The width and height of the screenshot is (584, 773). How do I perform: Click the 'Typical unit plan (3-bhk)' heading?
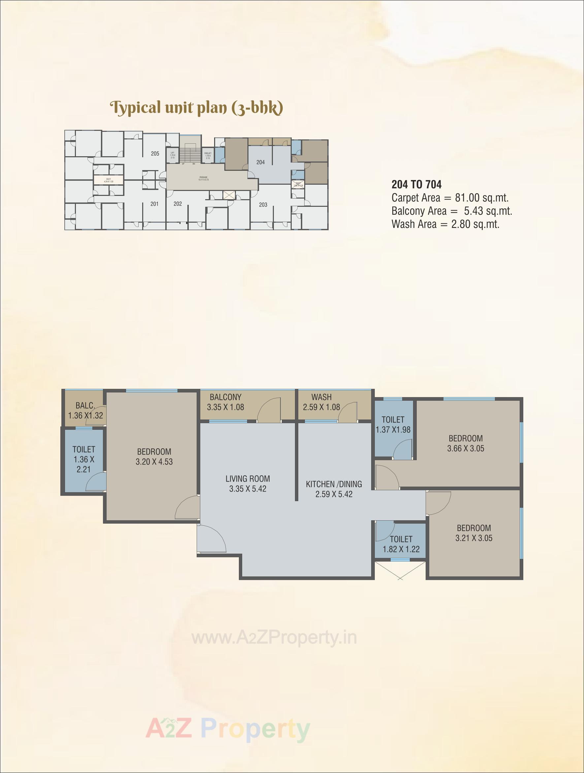[197, 108]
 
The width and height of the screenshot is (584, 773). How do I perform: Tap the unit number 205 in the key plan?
[155, 153]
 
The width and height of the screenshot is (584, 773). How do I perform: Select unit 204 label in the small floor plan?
[260, 162]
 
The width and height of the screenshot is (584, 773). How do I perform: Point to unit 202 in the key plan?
[178, 204]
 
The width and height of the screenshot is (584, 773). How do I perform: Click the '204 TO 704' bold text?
[416, 185]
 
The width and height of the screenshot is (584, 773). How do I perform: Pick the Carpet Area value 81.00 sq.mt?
[482, 198]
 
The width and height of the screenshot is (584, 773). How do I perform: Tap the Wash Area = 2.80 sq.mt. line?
[445, 224]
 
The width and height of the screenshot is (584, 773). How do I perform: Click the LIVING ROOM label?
[247, 479]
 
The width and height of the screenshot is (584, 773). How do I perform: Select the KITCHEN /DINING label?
[334, 484]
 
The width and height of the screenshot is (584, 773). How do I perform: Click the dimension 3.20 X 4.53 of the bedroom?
[154, 461]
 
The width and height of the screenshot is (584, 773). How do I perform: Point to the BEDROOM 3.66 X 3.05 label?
[466, 443]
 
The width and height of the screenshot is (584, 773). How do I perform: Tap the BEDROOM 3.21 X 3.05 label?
[474, 533]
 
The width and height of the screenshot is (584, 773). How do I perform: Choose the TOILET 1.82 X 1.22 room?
[401, 544]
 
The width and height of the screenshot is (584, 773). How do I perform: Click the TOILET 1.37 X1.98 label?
[393, 424]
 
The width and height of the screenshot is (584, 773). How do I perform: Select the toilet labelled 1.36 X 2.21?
[84, 459]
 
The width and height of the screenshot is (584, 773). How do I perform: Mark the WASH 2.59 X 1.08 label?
[321, 402]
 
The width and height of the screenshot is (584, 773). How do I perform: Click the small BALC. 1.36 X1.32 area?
[85, 410]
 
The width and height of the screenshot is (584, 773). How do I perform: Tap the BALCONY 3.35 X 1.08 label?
[225, 402]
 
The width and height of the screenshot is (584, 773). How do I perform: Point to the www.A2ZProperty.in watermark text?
[275, 638]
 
